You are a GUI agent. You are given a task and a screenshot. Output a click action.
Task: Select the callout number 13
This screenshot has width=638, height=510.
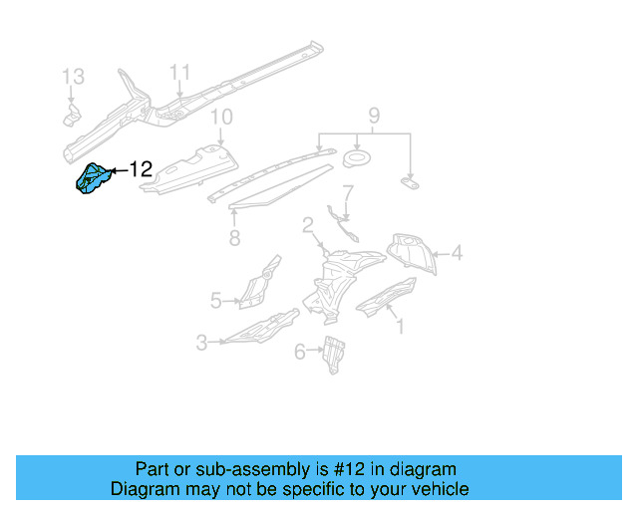coord(74,77)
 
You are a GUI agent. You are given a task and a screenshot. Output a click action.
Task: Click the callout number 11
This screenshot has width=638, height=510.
coord(178,72)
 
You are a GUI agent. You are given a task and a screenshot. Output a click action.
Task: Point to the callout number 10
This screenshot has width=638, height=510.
coord(220,118)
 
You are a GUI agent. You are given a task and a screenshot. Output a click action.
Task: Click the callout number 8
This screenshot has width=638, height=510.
coord(234,238)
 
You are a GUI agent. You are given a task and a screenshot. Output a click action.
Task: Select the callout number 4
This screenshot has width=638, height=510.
coord(457,254)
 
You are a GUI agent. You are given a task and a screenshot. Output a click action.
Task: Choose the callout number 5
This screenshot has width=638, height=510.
coord(215,298)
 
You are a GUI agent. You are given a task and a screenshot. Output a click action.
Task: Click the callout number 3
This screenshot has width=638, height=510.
coord(201,343)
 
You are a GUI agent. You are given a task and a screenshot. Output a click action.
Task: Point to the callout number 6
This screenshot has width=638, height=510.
coord(300,351)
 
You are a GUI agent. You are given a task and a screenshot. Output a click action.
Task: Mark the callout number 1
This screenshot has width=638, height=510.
coord(400,325)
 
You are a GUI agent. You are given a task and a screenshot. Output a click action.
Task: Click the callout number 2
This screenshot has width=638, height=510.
coord(309,225)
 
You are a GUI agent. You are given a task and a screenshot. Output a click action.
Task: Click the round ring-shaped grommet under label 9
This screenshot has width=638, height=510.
coord(355,159)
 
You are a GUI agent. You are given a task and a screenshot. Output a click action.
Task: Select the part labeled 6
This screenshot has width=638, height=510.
coord(333,354)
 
